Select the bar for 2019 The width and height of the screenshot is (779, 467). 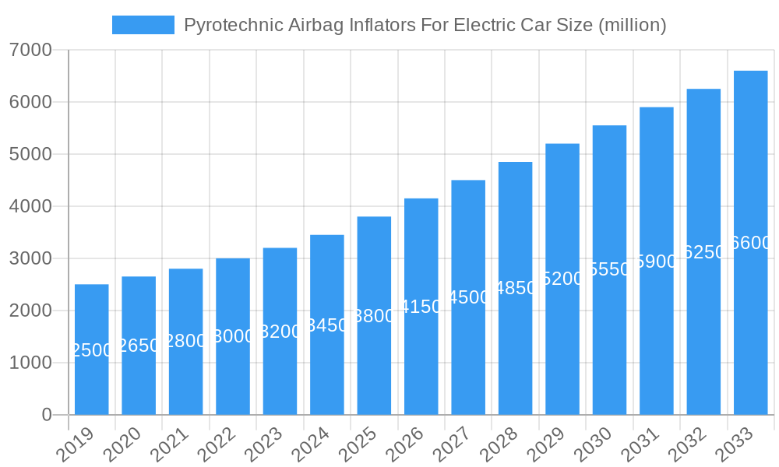(92, 349)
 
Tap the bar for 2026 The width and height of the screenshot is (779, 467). (421, 307)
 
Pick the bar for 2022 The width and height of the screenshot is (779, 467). (233, 336)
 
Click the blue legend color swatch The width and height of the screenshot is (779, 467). (143, 25)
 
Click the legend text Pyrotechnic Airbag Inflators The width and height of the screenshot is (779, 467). (425, 25)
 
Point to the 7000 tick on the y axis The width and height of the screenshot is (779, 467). (31, 50)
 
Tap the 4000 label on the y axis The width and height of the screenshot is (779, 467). (31, 206)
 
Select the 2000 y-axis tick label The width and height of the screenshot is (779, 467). (31, 311)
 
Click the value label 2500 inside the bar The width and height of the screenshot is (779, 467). (92, 350)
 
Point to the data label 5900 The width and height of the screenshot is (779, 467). (657, 262)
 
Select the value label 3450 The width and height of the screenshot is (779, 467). (327, 325)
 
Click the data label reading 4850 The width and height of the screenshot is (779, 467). (516, 288)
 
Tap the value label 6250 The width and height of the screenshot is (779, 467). (703, 252)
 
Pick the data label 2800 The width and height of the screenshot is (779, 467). (186, 341)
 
